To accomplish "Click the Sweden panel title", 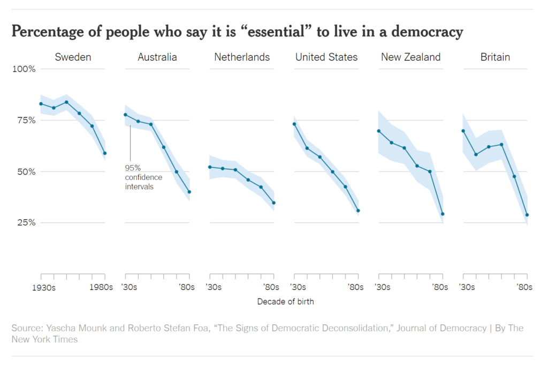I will [73, 57].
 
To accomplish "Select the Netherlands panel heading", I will [242, 57].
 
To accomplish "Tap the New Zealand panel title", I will [410, 57].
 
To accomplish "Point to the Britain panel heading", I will [495, 57].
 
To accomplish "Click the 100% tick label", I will [24, 69].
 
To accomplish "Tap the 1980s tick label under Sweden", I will [101, 287].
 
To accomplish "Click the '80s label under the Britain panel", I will [524, 287].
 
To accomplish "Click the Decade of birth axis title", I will [285, 302].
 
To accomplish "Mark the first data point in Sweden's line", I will [41, 103].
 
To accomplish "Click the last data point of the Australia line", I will [189, 192].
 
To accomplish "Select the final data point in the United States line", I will [358, 211].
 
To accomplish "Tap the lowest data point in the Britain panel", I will [527, 215].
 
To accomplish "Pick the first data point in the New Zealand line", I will [378, 131].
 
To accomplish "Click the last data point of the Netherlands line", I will [273, 203].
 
